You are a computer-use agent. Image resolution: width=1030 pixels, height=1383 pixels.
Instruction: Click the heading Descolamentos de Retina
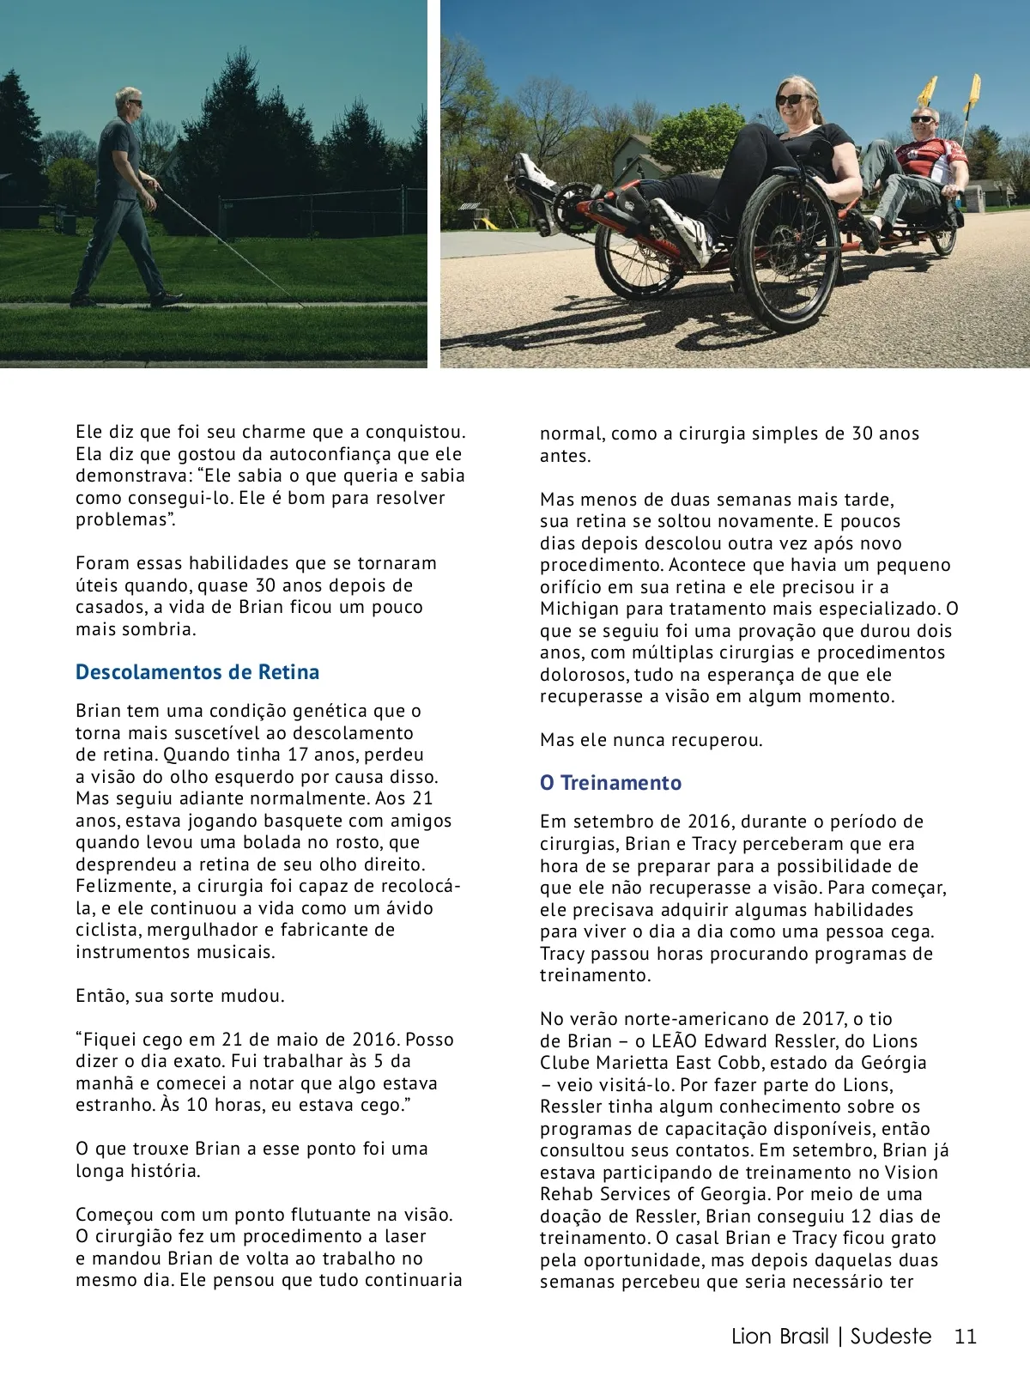197,672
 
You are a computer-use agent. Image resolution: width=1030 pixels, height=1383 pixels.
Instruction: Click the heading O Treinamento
610,783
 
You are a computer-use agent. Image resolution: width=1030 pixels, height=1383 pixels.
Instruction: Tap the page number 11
966,1337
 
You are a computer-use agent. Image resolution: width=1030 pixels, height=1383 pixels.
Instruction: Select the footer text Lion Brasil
779,1337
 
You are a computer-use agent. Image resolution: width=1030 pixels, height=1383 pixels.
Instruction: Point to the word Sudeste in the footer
890,1337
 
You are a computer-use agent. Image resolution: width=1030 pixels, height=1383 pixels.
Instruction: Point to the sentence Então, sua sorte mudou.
179,996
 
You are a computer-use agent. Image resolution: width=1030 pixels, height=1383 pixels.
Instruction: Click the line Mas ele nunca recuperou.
651,740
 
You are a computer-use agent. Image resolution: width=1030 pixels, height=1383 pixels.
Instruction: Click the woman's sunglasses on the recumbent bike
791,100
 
